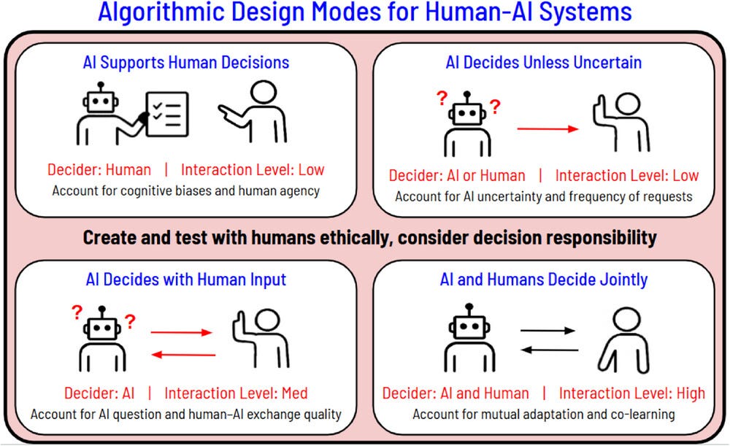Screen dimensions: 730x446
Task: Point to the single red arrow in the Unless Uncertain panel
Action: coord(547,129)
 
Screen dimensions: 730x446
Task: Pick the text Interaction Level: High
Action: coord(632,393)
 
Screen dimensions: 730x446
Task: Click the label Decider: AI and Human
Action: coord(456,393)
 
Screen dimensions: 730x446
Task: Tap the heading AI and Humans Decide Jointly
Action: coord(544,280)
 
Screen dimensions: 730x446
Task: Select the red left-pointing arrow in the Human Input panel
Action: coord(183,355)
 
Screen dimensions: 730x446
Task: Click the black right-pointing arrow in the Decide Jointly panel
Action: coord(547,331)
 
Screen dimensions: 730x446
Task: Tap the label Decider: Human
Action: coord(99,170)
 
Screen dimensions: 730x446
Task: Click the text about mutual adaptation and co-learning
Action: coord(544,415)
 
